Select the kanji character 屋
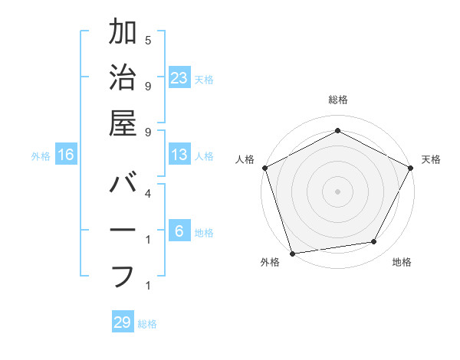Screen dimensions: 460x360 [123, 123]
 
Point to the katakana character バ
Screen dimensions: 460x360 [123, 185]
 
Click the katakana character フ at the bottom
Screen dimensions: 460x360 [123, 275]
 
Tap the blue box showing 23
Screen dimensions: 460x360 [179, 77]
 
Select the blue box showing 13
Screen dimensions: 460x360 [179, 155]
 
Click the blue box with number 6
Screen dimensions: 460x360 [179, 231]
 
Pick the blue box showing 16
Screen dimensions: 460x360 [66, 155]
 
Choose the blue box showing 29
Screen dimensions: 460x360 [123, 322]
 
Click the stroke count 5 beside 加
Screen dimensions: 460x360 [147, 40]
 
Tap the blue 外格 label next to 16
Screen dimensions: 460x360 [41, 155]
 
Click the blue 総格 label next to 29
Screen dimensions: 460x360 [147, 323]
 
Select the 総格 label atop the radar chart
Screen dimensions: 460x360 [337, 100]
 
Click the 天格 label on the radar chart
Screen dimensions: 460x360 [431, 159]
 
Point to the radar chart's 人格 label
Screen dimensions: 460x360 [245, 159]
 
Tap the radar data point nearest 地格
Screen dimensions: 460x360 [374, 242]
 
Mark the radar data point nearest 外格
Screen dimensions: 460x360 [292, 253]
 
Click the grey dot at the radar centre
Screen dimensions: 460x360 [337, 191]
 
